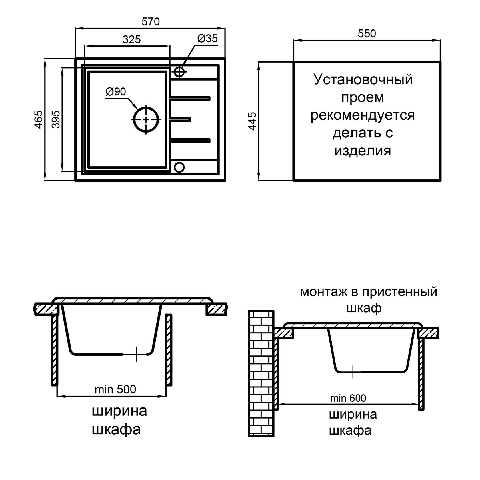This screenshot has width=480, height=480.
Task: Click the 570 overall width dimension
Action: (151, 22)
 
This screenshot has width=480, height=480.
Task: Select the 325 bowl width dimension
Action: (132, 40)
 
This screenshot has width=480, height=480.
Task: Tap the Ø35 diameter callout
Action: (207, 39)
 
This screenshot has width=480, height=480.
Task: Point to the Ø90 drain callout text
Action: (116, 92)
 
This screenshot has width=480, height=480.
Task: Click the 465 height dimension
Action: (39, 119)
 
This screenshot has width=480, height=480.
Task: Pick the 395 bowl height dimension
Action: (56, 119)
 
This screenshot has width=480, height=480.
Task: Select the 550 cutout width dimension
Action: (367, 34)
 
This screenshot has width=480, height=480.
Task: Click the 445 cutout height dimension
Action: (252, 121)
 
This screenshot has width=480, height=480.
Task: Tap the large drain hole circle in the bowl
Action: (146, 119)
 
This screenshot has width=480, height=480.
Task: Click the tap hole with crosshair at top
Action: (179, 72)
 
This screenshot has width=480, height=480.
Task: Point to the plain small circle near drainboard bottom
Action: (179, 167)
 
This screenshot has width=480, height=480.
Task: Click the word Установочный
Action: (363, 80)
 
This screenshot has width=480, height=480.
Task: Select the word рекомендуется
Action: (363, 115)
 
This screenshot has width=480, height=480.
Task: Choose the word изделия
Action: (363, 151)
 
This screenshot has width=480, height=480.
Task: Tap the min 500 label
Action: (115, 389)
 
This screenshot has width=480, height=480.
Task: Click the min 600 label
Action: (348, 398)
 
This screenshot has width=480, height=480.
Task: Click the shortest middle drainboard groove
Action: (180, 119)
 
